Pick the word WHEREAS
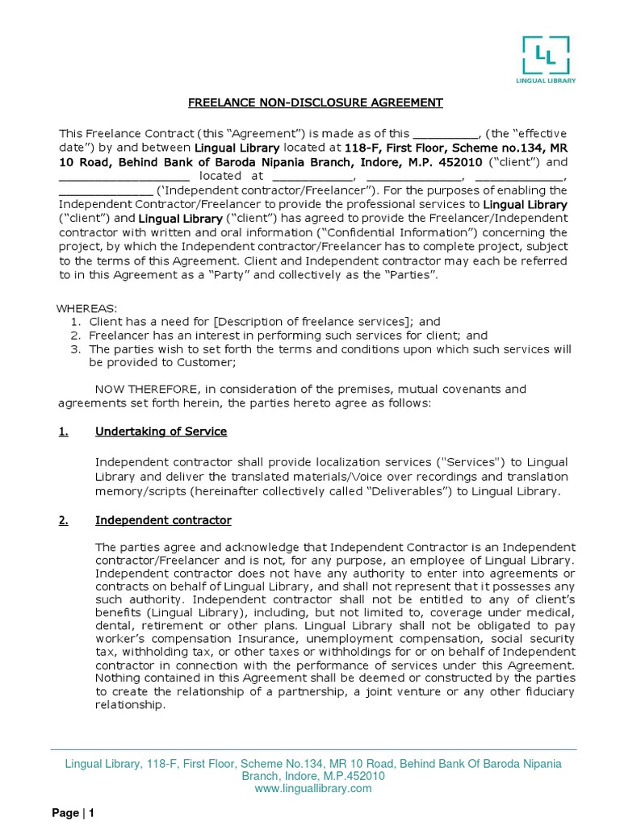point(86,308)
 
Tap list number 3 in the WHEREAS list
point(73,348)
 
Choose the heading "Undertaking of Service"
point(161,432)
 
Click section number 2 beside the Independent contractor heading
point(64,520)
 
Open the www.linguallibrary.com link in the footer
point(312,788)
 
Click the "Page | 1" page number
point(74,813)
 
